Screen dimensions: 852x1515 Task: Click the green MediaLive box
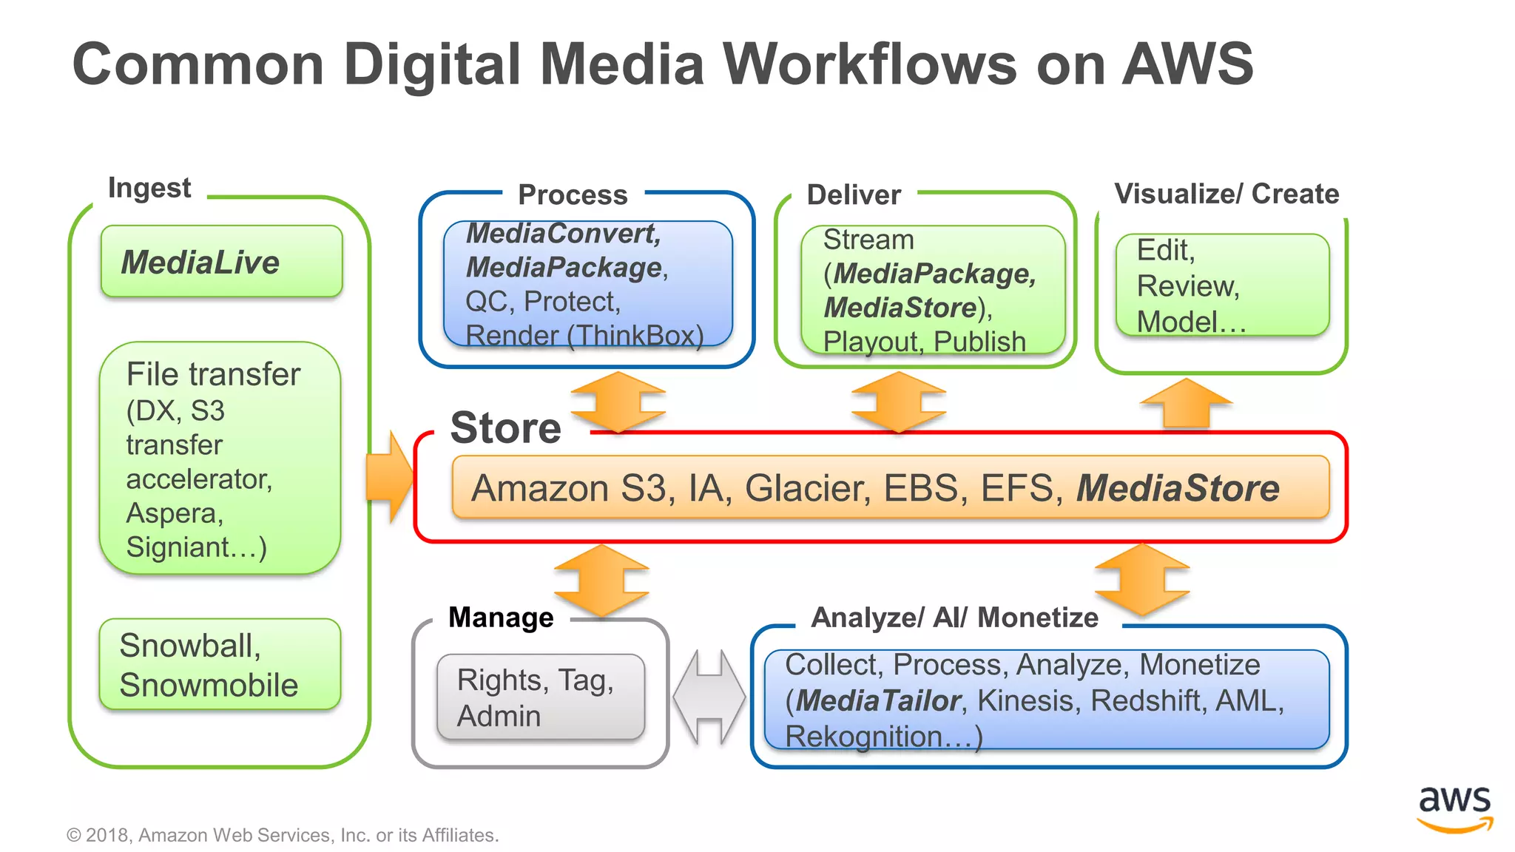tap(221, 262)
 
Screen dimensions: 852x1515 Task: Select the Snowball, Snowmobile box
tap(220, 664)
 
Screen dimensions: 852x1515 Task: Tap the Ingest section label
tap(149, 188)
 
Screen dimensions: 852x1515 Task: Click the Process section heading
tap(573, 195)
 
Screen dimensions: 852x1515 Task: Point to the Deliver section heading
tap(854, 195)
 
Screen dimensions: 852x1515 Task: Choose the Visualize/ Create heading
tap(1226, 194)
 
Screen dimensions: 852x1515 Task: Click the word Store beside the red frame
tap(506, 427)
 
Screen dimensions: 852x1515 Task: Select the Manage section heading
tap(501, 617)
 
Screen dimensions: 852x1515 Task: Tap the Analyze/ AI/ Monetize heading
tap(954, 617)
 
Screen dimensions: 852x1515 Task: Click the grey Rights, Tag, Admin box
tap(541, 697)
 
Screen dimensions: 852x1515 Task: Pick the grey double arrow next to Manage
tap(709, 697)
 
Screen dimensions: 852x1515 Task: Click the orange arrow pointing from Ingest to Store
tap(390, 477)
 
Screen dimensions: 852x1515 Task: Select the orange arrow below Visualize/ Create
tap(1186, 404)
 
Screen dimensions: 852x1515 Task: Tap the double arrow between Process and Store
tap(618, 402)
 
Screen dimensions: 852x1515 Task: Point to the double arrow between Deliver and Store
tap(898, 402)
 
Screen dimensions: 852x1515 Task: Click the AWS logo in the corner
tap(1454, 808)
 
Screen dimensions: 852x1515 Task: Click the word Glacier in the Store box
tap(807, 489)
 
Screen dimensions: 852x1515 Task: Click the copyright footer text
tap(283, 835)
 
